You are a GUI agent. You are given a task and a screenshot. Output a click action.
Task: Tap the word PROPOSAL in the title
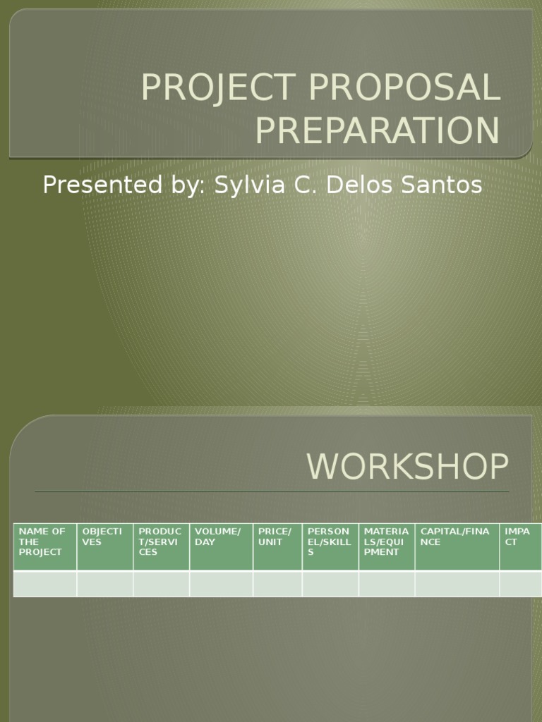coord(404,87)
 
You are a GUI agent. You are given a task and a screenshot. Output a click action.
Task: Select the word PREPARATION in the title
coord(377,131)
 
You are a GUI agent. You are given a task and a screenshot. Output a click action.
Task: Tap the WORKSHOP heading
coord(407,467)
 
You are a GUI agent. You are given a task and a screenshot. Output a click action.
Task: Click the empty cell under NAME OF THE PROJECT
coord(45,584)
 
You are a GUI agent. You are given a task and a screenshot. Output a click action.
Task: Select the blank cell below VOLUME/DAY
coord(221,584)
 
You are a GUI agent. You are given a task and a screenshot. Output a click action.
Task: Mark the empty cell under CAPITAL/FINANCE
coord(457,584)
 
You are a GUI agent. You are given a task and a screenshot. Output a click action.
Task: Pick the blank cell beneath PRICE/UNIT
coord(277,584)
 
